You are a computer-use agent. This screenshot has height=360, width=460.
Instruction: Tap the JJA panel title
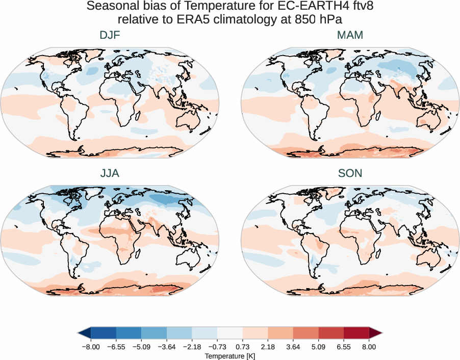tap(110, 173)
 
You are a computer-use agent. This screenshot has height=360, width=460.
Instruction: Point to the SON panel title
tap(350, 173)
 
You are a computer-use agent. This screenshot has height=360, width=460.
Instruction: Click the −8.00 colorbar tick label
tap(90, 347)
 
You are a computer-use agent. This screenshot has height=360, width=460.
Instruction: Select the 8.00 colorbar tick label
tap(369, 347)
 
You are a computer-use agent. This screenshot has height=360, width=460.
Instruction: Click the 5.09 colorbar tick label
tap(318, 347)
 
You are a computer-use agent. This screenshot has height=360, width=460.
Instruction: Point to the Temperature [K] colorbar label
tap(229, 356)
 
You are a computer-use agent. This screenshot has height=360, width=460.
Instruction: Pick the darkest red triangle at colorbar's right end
tap(375, 333)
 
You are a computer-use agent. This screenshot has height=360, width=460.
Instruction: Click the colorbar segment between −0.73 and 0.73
tap(229, 333)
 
